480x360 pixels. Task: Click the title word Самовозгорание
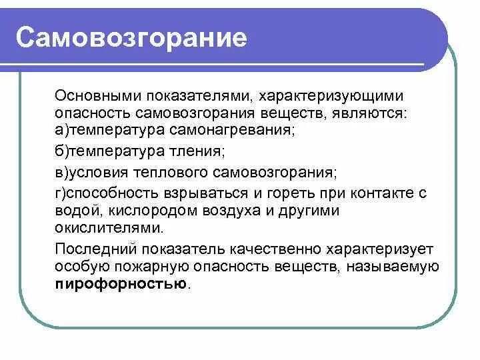132,38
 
